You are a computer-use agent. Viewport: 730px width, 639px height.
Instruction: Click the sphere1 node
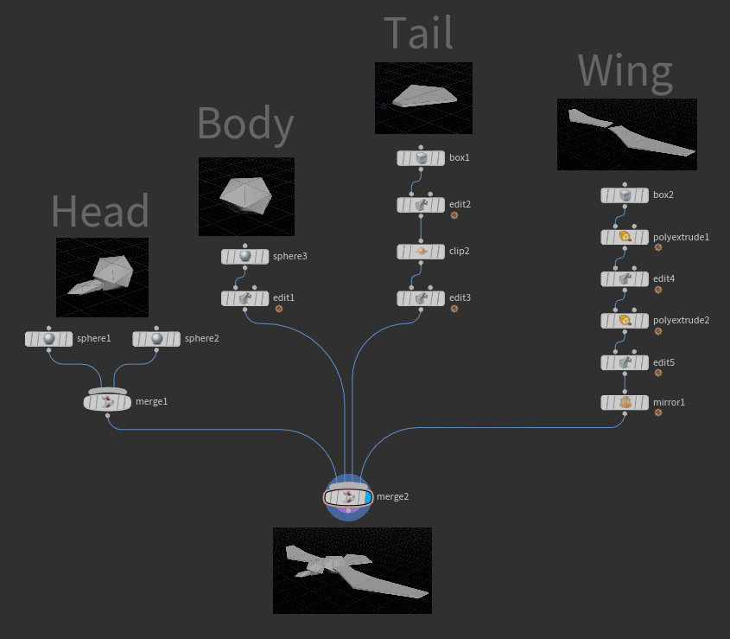pos(48,339)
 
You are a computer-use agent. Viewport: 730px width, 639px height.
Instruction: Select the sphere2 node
pos(156,339)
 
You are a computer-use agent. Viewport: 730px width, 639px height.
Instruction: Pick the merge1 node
pos(107,402)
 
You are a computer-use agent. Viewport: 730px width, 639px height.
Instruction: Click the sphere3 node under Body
pos(244,257)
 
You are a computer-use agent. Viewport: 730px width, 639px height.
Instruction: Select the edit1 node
pos(244,298)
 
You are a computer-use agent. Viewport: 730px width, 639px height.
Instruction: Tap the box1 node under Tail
pos(421,158)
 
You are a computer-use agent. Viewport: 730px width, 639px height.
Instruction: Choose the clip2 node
pos(421,252)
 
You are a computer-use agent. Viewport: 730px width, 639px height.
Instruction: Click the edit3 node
pos(421,298)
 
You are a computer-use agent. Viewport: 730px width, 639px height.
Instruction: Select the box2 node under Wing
pos(625,195)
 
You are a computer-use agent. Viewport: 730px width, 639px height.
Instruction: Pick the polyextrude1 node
pos(625,237)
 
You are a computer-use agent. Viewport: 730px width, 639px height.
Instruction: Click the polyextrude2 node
pos(625,321)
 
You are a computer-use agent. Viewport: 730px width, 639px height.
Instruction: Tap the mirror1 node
pos(625,403)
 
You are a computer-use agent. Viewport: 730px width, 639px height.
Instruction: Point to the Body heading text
pos(245,124)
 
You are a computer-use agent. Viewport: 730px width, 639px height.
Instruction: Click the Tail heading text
pos(418,34)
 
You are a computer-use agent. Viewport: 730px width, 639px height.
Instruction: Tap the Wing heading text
pos(625,72)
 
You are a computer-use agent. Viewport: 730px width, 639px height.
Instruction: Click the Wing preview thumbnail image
pos(626,134)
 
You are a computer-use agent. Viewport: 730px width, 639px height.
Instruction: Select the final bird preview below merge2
pos(352,571)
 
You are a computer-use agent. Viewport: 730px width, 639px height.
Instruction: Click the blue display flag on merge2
pos(367,497)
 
